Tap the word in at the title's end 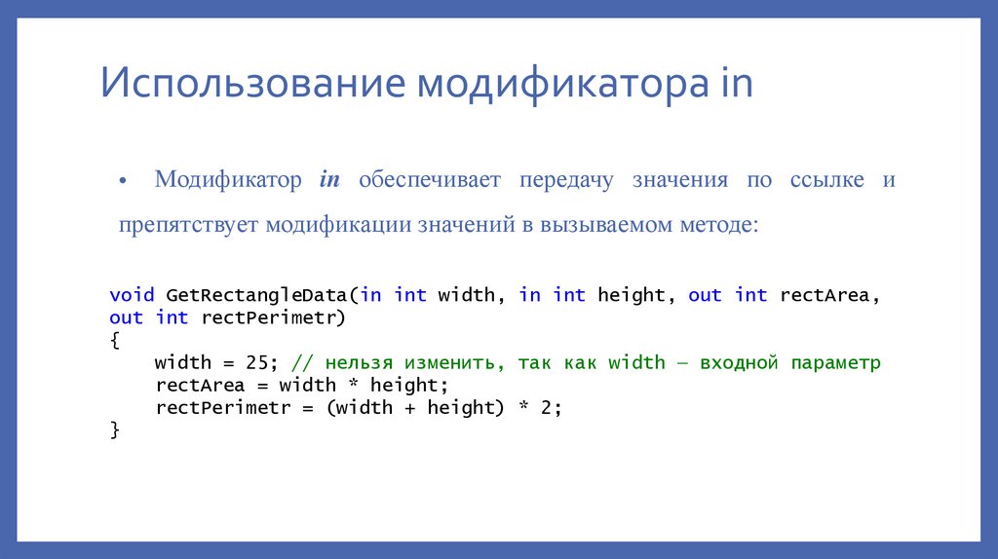[x=736, y=84]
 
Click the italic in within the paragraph [x=329, y=180]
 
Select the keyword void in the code [x=132, y=295]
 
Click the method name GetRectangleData [x=257, y=295]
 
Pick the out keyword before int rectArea [x=705, y=295]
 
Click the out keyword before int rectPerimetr [x=126, y=317]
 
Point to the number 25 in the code [x=256, y=362]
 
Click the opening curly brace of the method [x=114, y=340]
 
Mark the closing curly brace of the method [x=114, y=429]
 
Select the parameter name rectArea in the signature [x=825, y=295]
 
